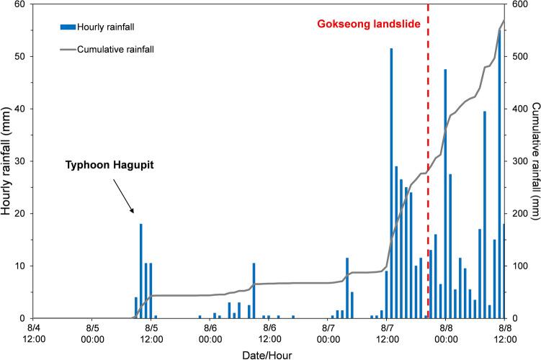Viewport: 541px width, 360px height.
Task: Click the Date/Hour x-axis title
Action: click(x=268, y=354)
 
